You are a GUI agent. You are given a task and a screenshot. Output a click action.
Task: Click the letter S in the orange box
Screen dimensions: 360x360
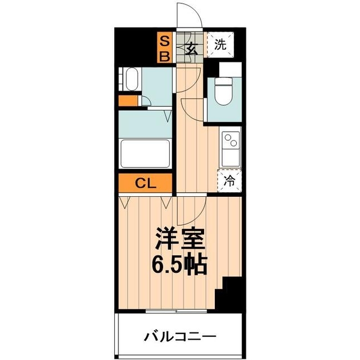165,40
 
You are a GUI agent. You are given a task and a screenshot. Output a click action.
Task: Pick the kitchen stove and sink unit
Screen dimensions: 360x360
230,147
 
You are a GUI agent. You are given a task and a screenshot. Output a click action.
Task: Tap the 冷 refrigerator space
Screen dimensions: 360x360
229,181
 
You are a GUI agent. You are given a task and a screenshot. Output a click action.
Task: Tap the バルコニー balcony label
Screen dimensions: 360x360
179,337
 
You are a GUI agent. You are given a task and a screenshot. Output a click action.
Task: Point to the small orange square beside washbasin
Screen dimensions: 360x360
127,102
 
